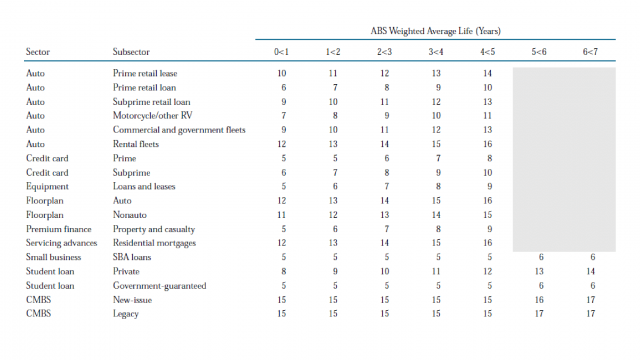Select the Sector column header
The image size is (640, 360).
click(x=38, y=50)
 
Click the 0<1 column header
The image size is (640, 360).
click(x=282, y=50)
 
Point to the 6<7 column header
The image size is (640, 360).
click(x=590, y=50)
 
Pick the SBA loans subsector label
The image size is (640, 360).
click(x=135, y=257)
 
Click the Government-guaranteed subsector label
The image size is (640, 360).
click(x=160, y=285)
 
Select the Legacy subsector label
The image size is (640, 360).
click(x=127, y=314)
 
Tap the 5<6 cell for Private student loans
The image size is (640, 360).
click(x=539, y=271)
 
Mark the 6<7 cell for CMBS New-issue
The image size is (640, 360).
click(x=590, y=300)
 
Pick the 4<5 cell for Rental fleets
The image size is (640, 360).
click(x=487, y=144)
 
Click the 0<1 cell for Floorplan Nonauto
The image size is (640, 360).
click(x=282, y=215)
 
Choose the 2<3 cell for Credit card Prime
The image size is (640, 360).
click(x=384, y=158)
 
